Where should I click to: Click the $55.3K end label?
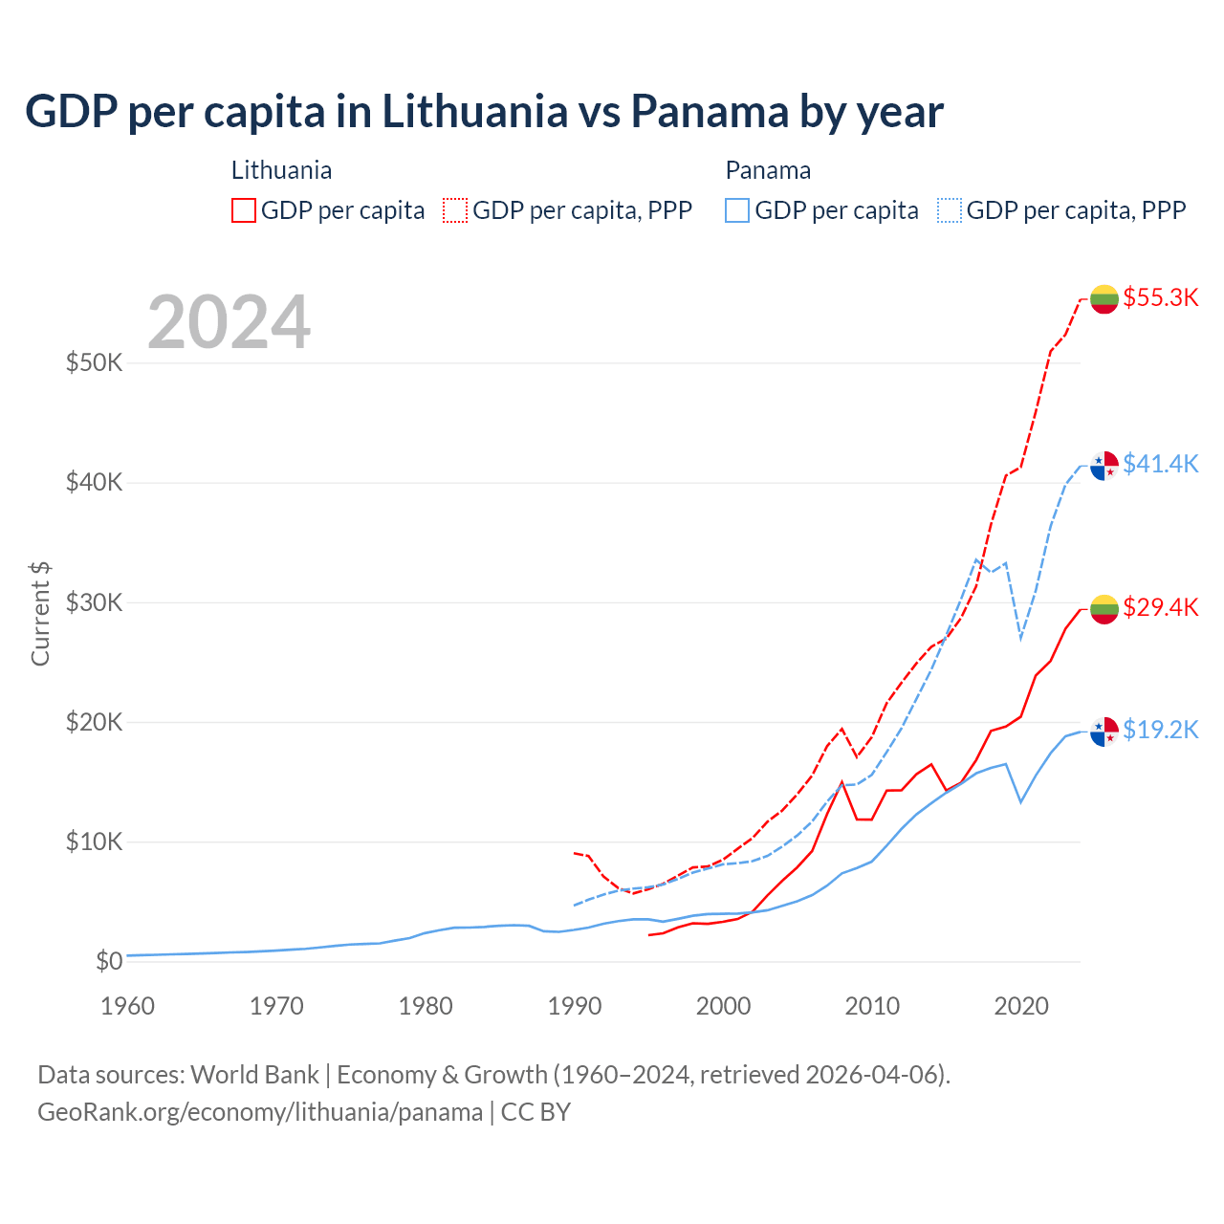point(1160,297)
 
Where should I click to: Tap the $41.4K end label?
point(1160,464)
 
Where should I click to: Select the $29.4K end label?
point(1160,607)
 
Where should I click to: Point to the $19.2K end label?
point(1160,730)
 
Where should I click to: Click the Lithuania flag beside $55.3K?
point(1104,298)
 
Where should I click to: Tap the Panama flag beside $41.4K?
point(1104,466)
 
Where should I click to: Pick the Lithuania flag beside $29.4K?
point(1104,608)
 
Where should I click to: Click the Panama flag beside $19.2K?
point(1104,732)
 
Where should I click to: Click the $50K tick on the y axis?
point(95,363)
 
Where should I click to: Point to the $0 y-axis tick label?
point(109,961)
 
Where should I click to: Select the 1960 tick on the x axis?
point(127,1006)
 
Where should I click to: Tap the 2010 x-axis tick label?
point(872,1006)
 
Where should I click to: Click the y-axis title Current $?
point(40,614)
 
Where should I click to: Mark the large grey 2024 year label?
point(229,322)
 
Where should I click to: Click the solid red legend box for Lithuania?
point(244,210)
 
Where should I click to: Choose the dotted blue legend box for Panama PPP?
point(950,210)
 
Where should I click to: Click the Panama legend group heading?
point(768,170)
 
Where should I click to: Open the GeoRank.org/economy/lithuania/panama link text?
point(260,1112)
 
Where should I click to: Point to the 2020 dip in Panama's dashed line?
point(1021,638)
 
